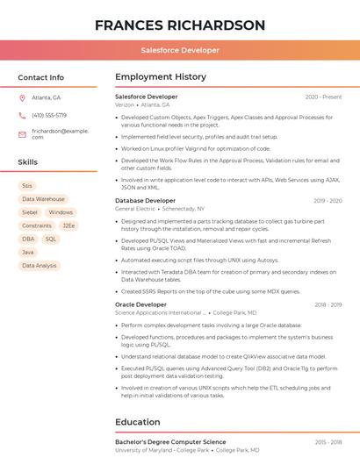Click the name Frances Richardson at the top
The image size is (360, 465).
point(180,25)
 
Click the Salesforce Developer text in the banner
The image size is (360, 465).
point(180,50)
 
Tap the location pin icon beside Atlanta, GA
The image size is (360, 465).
point(22,97)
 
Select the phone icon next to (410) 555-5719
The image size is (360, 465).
point(22,115)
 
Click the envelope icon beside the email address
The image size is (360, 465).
point(22,133)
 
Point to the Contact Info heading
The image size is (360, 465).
point(41,77)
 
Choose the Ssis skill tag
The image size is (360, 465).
point(27,186)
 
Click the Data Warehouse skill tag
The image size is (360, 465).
point(43,199)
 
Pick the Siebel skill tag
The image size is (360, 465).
point(30,212)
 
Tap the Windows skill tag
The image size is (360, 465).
point(61,212)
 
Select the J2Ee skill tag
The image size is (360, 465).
point(68,225)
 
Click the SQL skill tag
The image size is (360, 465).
point(51,239)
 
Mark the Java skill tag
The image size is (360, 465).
point(28,252)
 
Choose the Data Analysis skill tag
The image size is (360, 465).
point(40,265)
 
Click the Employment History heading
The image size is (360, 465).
point(160,77)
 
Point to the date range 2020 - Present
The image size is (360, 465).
point(323,97)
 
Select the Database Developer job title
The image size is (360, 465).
point(145,201)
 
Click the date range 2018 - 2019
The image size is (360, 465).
point(328,304)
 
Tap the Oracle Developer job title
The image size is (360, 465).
point(140,304)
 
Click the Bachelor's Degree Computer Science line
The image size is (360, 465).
point(170,442)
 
